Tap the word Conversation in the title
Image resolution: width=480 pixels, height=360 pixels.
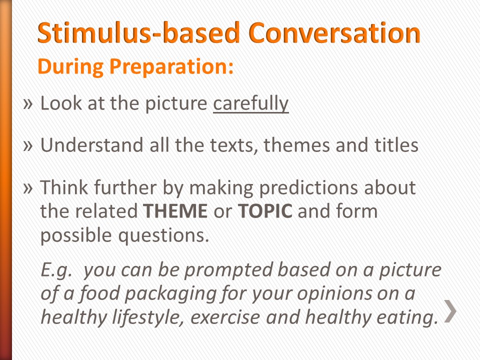[x=334, y=33]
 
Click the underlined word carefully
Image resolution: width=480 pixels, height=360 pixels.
[x=250, y=103]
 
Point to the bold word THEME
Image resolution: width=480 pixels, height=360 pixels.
[x=175, y=211]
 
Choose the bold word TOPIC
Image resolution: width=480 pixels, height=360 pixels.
[x=264, y=211]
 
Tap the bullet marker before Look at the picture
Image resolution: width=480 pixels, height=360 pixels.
[x=28, y=103]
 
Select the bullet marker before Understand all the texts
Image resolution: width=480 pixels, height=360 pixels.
[x=28, y=145]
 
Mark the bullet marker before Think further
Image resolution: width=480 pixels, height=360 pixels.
[x=28, y=187]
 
